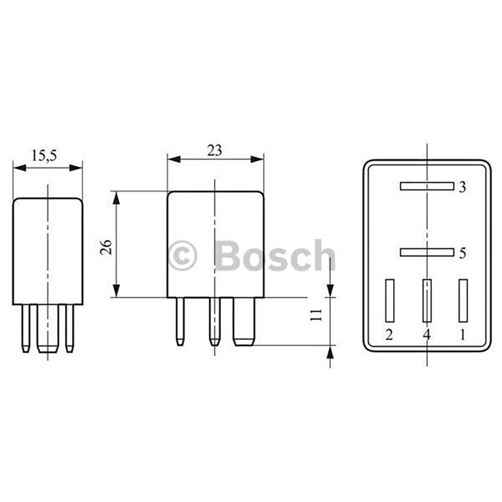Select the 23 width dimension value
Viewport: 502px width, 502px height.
point(214,150)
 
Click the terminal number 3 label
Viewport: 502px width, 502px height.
point(462,187)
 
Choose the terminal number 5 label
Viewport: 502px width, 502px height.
point(462,253)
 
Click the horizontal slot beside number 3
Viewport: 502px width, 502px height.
point(426,186)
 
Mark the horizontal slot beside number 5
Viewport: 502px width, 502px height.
point(426,252)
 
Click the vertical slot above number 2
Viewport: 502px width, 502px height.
point(390,300)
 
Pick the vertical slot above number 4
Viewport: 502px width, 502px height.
point(427,300)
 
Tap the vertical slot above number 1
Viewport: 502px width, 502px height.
point(463,300)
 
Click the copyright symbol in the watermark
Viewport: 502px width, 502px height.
point(183,256)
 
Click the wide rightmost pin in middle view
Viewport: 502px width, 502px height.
point(244,321)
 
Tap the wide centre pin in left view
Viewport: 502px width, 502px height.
point(48,329)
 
